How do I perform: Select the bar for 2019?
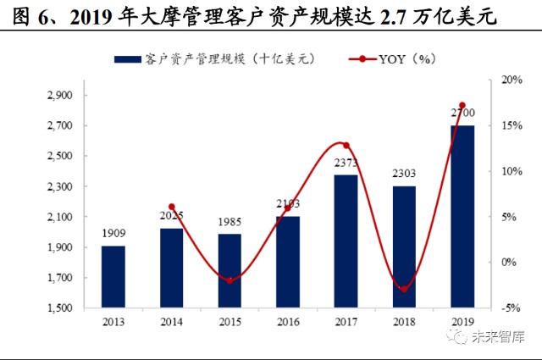[x=462, y=216]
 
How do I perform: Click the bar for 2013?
[x=113, y=277]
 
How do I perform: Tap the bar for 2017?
[x=346, y=241]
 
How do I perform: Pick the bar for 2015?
[x=229, y=271]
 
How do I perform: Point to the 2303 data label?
[x=404, y=174]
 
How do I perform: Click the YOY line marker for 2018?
[x=404, y=290]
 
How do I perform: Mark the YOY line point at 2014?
[x=171, y=207]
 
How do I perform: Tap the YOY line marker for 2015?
[x=229, y=280]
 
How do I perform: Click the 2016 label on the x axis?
[x=287, y=322]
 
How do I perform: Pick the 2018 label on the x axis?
[x=404, y=322]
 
